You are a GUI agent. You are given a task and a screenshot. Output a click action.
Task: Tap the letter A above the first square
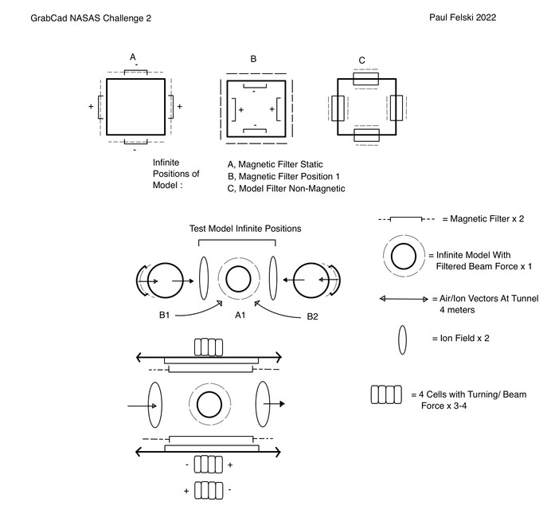point(134,57)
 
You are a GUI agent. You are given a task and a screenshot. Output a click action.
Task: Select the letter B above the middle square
point(253,59)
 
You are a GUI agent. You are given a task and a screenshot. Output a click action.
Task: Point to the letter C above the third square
point(362,61)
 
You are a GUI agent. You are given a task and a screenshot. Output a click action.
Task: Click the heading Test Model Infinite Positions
point(245,228)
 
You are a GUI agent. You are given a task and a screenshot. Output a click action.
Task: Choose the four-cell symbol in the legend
point(386,394)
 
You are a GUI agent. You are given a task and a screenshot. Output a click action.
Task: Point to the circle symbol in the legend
point(403,256)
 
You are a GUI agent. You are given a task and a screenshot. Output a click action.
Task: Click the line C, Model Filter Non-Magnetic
point(286,189)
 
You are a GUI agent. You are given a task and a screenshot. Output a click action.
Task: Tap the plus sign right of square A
point(179,106)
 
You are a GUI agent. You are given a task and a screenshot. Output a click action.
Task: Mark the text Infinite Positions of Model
point(176,173)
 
